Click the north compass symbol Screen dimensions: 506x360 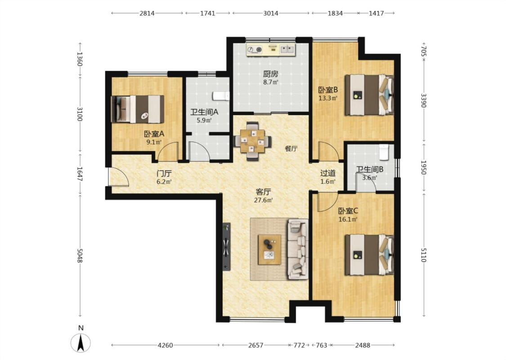[x=81, y=342]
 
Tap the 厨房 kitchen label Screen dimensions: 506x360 [x=270, y=74]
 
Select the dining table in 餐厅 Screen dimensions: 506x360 [x=252, y=141]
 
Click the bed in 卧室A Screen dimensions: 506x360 [x=137, y=109]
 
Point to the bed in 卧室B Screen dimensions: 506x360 [x=369, y=95]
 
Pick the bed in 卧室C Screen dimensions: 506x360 [x=369, y=255]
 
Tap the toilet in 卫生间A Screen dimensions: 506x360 [x=221, y=96]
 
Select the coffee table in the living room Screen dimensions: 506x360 [x=269, y=250]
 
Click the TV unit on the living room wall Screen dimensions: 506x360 [x=227, y=246]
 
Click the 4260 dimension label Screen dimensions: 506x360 [x=165, y=345]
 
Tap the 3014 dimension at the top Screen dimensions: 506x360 [x=271, y=13]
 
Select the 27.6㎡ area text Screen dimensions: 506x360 [x=263, y=200]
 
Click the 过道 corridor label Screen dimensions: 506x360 [x=328, y=173]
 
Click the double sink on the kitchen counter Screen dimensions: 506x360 [x=287, y=49]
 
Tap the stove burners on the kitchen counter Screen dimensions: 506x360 [x=255, y=49]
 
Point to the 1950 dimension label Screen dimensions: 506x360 [x=424, y=167]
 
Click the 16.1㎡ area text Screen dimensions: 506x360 [x=348, y=220]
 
